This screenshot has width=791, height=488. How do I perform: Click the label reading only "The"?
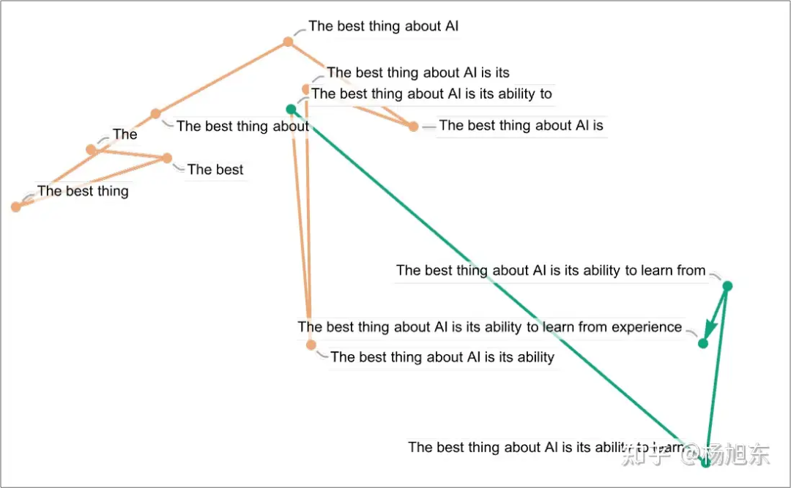tap(125, 135)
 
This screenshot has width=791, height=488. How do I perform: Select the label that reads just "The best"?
tap(215, 170)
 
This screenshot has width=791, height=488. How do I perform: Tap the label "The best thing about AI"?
tap(384, 26)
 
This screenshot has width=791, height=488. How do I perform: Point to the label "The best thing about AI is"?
tap(521, 126)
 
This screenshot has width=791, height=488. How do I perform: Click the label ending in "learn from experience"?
tap(490, 327)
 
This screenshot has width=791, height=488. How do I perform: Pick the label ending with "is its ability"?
tap(442, 357)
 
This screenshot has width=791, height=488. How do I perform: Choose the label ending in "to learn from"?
tap(551, 271)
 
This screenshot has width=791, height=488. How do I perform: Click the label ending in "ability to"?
tap(431, 94)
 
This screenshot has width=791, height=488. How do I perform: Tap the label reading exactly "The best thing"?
tap(83, 192)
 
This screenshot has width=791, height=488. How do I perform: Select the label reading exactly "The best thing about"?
tap(242, 127)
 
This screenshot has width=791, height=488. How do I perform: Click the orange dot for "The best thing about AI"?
tap(289, 42)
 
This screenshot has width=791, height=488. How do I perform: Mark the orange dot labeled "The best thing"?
tap(16, 207)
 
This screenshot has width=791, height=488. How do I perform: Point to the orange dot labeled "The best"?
tap(167, 158)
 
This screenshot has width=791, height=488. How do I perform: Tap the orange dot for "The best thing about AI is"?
tap(413, 127)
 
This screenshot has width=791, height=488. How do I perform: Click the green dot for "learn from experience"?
tap(703, 344)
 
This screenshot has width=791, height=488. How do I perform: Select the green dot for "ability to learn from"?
tap(727, 286)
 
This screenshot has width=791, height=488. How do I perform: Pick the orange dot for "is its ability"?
tap(311, 345)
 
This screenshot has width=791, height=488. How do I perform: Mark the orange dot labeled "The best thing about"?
tap(155, 113)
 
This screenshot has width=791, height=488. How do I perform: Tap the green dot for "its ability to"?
tap(291, 110)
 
